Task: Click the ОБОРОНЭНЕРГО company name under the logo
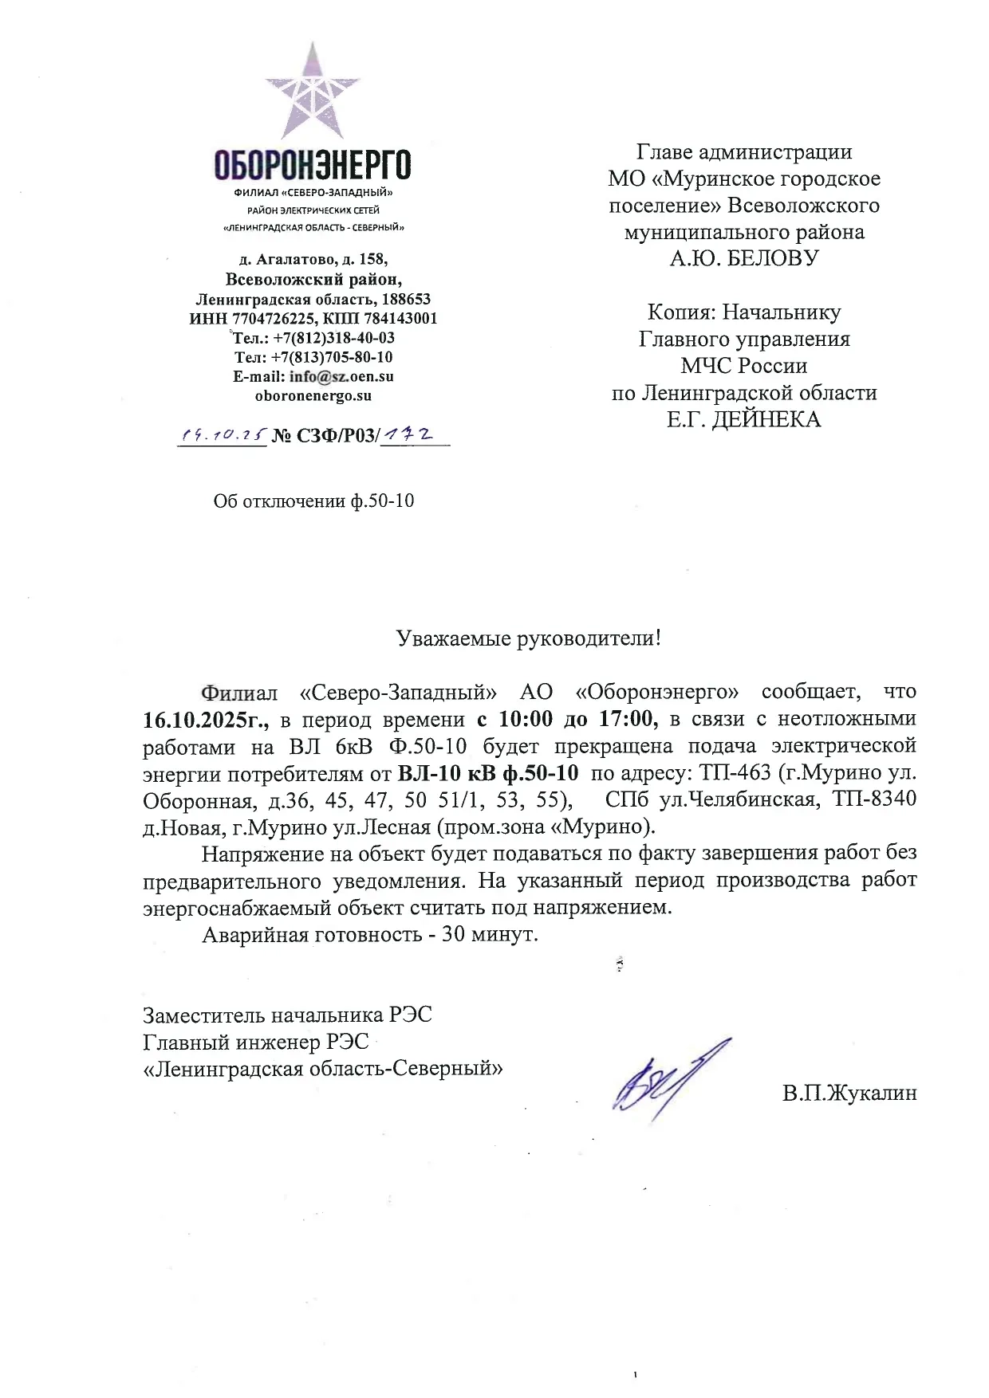(313, 165)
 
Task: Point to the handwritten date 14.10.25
(222, 435)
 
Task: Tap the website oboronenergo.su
(313, 395)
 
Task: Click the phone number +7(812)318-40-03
(334, 337)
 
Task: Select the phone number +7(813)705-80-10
(334, 357)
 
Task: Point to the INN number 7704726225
(275, 319)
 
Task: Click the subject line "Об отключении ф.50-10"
(313, 501)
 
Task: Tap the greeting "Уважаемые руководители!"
(529, 638)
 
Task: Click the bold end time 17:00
(628, 719)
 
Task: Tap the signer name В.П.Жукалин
(849, 1093)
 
